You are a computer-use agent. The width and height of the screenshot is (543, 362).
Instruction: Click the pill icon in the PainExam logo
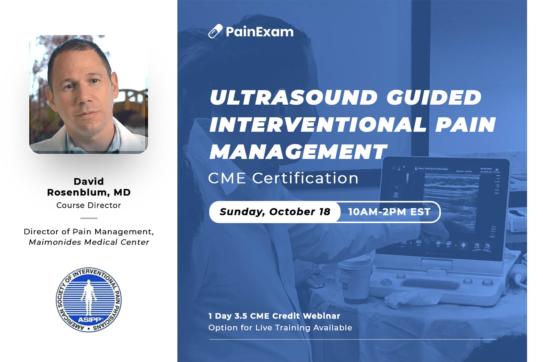pos(215,31)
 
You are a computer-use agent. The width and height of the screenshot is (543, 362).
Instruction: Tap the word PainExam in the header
pos(260,32)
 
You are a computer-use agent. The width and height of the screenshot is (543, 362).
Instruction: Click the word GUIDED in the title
pos(434,97)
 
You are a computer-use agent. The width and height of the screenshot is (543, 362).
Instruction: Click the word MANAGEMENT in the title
pos(298,152)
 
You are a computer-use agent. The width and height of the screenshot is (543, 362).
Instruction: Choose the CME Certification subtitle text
pos(283,178)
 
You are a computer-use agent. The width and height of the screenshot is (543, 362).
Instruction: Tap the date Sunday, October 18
pos(275,212)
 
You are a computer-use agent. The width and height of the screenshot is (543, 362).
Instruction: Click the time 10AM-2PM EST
pos(389,212)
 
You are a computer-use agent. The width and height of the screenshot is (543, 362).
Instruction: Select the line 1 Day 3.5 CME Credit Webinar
pos(274,316)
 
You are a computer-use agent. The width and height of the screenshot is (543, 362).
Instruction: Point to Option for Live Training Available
pos(280,328)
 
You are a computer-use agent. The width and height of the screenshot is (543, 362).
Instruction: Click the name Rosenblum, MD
pos(89,193)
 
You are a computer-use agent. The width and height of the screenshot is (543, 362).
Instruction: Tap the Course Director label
pos(89,205)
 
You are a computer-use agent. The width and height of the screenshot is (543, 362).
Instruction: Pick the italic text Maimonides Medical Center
pos(89,242)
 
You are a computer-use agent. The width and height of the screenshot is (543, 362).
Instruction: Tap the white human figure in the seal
pos(89,299)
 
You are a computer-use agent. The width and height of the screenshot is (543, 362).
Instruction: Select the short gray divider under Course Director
pos(89,218)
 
